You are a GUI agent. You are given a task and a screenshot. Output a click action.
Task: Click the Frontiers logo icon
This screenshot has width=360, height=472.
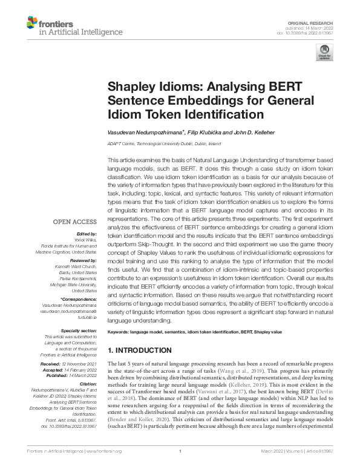pyautogui.click(x=31, y=24)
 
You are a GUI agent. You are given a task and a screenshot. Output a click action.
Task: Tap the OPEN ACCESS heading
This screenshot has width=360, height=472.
pyautogui.click(x=76, y=221)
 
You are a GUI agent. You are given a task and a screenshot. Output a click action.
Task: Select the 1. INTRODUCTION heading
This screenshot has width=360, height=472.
pyautogui.click(x=139, y=350)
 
